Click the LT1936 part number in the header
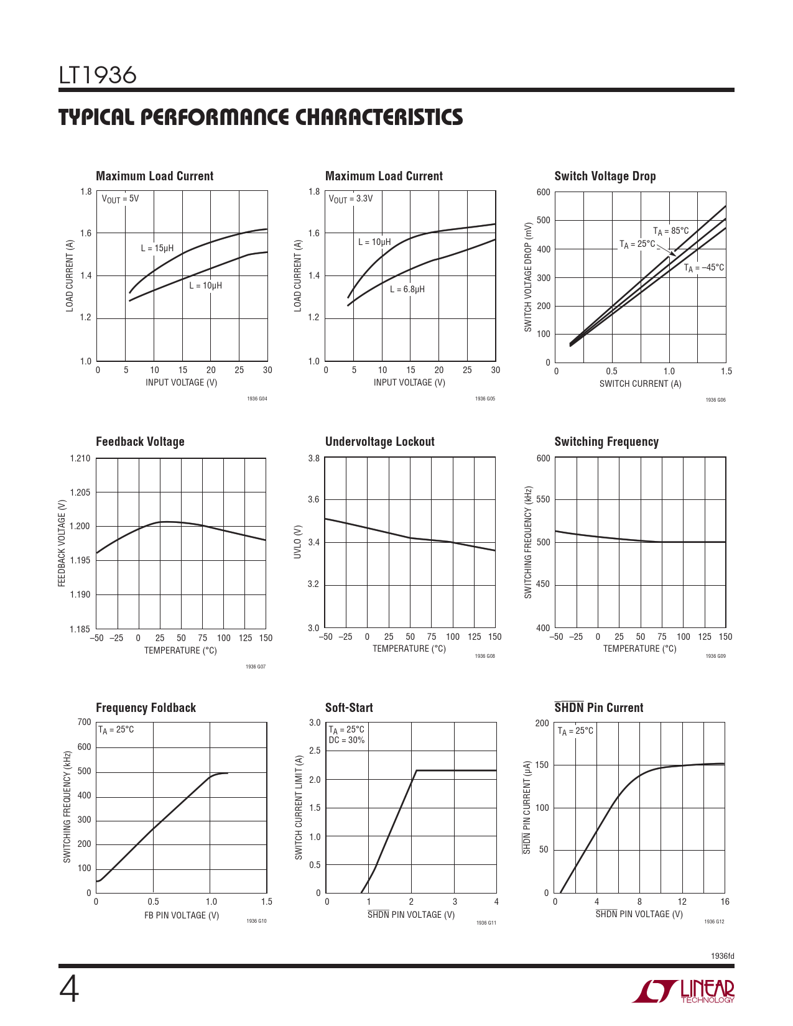point(98,75)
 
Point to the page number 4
point(69,990)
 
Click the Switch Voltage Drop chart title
point(605,176)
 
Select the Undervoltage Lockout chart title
point(380,441)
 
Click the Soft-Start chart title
point(349,707)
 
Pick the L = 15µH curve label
point(157,248)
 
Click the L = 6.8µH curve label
point(407,289)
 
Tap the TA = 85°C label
point(670,231)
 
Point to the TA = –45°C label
point(703,268)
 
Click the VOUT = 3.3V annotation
point(350,199)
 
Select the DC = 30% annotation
point(346,740)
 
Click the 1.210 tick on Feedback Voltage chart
point(80,458)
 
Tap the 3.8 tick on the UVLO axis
point(313,458)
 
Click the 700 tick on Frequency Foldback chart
point(84,722)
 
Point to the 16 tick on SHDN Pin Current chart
point(725,902)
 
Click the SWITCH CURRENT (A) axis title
point(640,384)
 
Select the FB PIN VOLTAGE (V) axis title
point(182,915)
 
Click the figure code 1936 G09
point(715,656)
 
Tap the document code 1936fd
point(723,956)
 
